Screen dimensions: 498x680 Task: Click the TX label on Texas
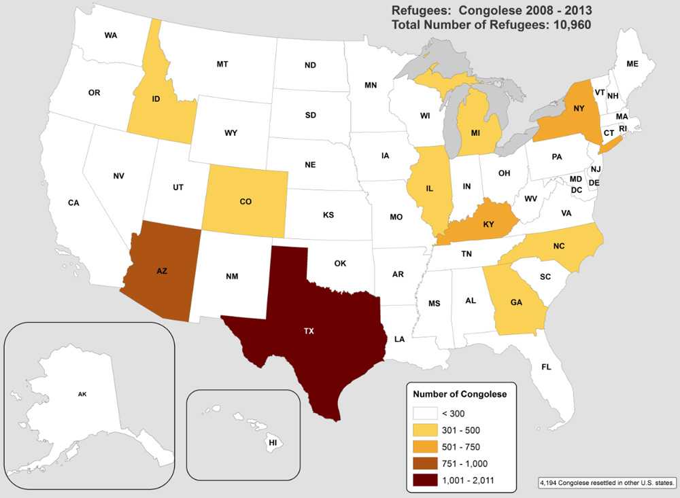point(309,332)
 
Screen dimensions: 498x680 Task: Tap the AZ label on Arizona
point(162,270)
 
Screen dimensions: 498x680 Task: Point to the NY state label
point(578,108)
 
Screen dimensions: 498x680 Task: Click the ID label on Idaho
point(156,99)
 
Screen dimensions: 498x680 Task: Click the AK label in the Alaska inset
point(82,393)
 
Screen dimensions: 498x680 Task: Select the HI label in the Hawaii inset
point(273,442)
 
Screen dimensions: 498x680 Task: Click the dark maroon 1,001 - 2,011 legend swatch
point(423,480)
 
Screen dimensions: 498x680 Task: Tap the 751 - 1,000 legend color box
point(423,463)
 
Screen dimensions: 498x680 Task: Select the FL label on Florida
point(546,367)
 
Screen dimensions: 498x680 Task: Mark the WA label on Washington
point(111,35)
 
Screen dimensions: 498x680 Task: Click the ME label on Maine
point(632,64)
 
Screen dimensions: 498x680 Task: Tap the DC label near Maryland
point(576,190)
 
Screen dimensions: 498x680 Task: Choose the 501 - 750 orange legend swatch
point(423,446)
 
